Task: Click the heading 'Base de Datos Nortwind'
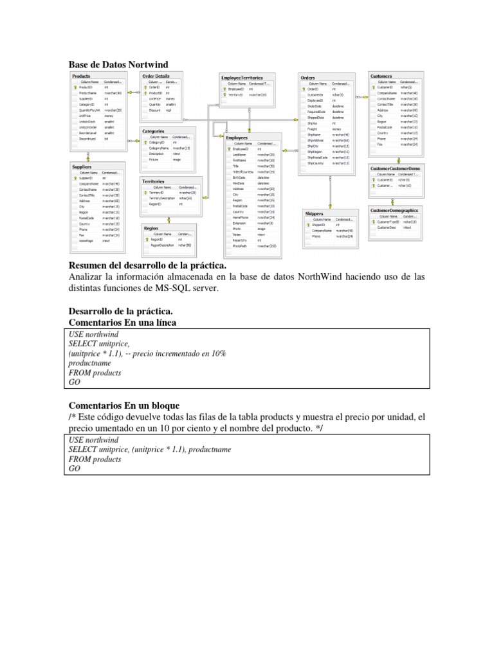[118, 64]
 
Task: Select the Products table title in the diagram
[82, 76]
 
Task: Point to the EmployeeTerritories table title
[241, 78]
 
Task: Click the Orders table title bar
[308, 78]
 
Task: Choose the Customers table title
[381, 76]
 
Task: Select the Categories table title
[154, 131]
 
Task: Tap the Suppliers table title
[82, 167]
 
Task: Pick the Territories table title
[154, 182]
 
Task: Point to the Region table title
[151, 228]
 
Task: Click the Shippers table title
[315, 213]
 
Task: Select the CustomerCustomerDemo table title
[394, 168]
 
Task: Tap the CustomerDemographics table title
[394, 210]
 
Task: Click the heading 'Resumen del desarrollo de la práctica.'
[148, 266]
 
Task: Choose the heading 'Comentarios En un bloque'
[123, 405]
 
